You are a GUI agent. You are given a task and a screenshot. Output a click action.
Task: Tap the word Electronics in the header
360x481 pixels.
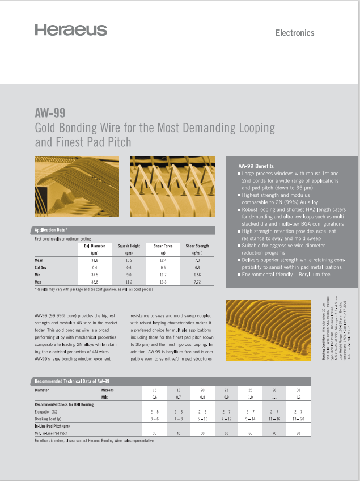pos(294,33)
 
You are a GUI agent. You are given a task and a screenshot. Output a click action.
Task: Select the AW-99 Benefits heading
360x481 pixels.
pos(256,166)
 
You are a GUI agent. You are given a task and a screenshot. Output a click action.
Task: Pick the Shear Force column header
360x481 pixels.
pos(163,246)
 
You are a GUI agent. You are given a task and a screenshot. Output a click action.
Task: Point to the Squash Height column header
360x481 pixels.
pos(129,246)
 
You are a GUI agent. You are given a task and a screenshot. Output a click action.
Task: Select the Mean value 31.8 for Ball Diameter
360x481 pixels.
pos(95,259)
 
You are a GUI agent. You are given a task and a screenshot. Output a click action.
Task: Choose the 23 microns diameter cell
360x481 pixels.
pos(226,390)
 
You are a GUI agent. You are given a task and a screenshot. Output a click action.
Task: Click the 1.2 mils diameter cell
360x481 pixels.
pos(298,398)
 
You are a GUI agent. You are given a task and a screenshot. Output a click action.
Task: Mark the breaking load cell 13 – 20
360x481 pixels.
pos(298,418)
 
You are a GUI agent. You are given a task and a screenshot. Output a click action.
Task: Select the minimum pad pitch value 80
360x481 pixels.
pos(298,433)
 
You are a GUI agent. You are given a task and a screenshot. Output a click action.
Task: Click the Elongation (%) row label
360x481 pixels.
pos(46,411)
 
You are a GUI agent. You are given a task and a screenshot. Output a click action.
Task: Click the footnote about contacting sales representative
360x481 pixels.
pos(94,440)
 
